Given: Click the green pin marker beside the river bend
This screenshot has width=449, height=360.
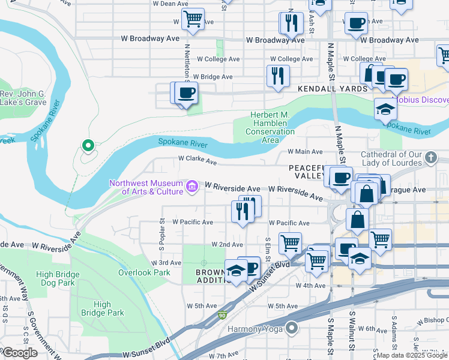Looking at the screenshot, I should pyautogui.click(x=88, y=146).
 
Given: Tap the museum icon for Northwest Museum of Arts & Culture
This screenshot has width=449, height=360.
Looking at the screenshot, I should pyautogui.click(x=192, y=187).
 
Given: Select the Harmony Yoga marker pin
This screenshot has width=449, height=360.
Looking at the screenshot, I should pyautogui.click(x=292, y=328).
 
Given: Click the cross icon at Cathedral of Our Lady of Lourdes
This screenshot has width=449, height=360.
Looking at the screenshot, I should pyautogui.click(x=430, y=158).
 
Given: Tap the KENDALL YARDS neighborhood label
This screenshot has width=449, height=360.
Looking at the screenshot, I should pyautogui.click(x=333, y=89).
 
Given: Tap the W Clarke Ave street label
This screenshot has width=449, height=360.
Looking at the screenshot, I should pyautogui.click(x=197, y=161).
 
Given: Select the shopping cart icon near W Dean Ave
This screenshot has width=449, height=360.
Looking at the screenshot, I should pyautogui.click(x=193, y=19).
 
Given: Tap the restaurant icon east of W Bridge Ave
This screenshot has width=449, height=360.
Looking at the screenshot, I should pyautogui.click(x=278, y=75).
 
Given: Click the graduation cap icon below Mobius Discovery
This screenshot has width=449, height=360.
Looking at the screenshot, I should pyautogui.click(x=385, y=109).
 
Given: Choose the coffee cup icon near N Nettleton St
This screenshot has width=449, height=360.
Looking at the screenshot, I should pyautogui.click(x=186, y=93).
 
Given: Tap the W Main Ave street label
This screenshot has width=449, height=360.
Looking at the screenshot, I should pyautogui.click(x=305, y=152).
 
